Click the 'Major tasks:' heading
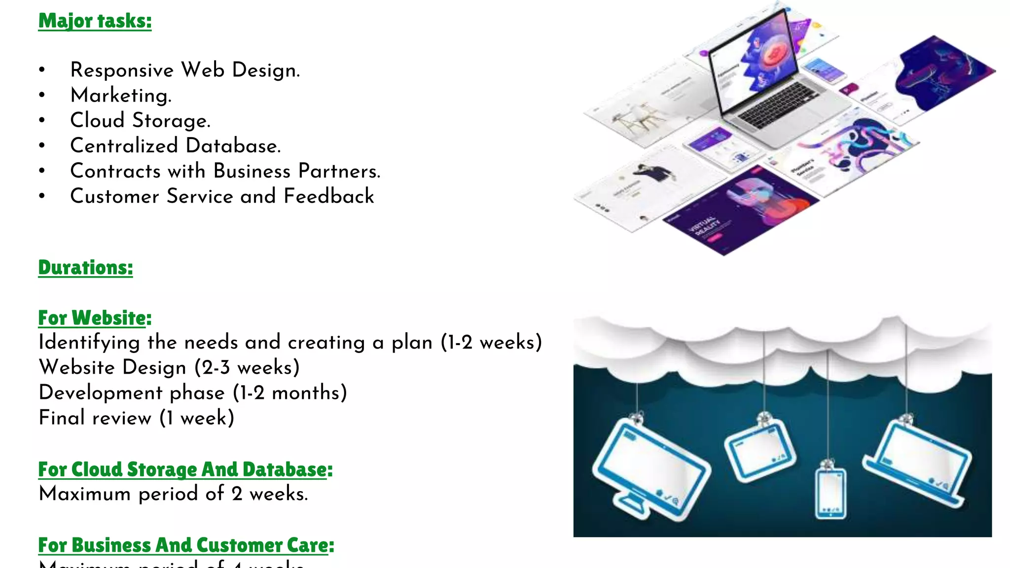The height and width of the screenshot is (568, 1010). point(95,21)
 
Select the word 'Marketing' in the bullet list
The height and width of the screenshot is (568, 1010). point(120,95)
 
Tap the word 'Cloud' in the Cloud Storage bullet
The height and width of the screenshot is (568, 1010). point(97,120)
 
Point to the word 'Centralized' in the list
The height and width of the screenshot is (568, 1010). point(124,145)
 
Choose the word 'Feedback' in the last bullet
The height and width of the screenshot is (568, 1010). point(328,196)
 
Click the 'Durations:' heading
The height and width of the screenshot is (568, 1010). point(85,268)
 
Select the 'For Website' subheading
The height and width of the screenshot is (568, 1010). point(92,318)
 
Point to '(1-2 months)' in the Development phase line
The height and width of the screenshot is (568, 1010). point(290,392)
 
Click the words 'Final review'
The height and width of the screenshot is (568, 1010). point(95,418)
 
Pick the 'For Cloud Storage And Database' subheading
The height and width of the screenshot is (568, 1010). point(182,469)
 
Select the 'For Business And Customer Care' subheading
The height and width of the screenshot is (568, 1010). point(183,545)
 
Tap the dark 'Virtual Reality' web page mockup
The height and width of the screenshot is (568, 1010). point(740,212)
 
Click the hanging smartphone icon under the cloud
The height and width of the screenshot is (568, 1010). point(830,493)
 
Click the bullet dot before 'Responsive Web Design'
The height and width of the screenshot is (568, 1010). point(42,70)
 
